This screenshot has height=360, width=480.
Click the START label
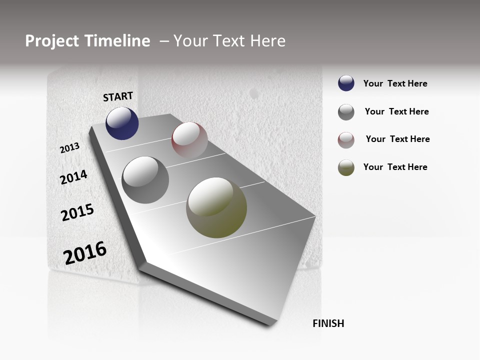pyautogui.click(x=118, y=96)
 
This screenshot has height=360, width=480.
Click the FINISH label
pyautogui.click(x=328, y=323)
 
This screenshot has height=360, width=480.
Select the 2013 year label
pyautogui.click(x=70, y=148)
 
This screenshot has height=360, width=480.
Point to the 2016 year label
pyautogui.click(x=85, y=252)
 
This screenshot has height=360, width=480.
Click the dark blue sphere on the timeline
pyautogui.click(x=122, y=123)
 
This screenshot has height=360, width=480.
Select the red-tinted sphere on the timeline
pyautogui.click(x=189, y=139)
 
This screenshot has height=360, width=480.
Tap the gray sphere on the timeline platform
pyautogui.click(x=145, y=180)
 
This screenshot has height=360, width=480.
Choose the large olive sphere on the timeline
pyautogui.click(x=216, y=207)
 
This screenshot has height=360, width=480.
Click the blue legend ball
pyautogui.click(x=346, y=83)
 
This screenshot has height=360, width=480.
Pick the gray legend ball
pyautogui.click(x=346, y=112)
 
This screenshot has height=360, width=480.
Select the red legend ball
pyautogui.click(x=346, y=140)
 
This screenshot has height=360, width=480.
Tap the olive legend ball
pyautogui.click(x=346, y=167)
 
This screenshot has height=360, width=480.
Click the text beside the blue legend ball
pyautogui.click(x=395, y=83)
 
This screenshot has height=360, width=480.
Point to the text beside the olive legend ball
pyautogui.click(x=395, y=167)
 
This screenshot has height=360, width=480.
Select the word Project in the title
pyautogui.click(x=51, y=41)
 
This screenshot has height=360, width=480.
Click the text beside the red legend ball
pyautogui.click(x=397, y=139)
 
